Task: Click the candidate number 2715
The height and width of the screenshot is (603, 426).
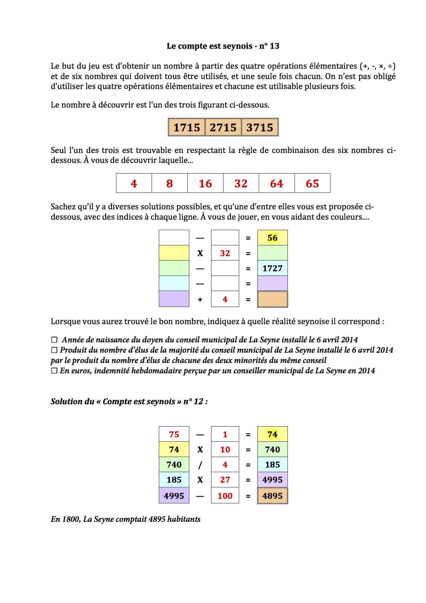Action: pos(223,127)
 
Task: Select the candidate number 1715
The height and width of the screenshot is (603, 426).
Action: pos(187,127)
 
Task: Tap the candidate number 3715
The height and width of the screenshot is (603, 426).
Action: pos(260,127)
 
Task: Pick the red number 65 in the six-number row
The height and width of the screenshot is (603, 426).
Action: pos(312,184)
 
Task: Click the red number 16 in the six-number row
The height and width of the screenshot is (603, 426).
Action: pos(205,184)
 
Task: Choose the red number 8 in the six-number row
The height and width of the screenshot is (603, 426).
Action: pos(170,184)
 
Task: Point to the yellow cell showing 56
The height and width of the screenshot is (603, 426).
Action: pos(272,238)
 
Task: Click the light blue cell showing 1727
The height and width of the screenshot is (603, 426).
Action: pos(272,268)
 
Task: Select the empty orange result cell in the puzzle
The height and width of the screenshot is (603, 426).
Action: pos(272,299)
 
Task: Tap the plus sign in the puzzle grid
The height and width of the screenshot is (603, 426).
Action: pos(200,300)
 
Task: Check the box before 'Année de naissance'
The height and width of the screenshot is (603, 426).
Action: pos(54,340)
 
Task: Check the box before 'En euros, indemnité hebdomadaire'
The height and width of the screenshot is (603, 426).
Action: pos(54,370)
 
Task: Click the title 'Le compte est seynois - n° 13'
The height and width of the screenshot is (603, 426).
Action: pos(223,46)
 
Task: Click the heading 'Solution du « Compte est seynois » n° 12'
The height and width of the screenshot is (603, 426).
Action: pos(129,401)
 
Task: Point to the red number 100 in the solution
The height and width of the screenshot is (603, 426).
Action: pos(225,496)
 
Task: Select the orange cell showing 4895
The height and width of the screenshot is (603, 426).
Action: pos(272,496)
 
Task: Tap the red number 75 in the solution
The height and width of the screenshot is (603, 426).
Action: pos(174,434)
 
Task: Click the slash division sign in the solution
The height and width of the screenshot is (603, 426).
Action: pos(200,465)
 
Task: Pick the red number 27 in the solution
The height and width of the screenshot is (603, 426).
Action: pos(225,480)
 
